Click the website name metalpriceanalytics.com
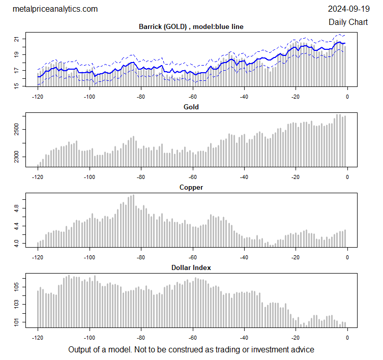click(54, 9)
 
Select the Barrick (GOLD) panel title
click(191, 26)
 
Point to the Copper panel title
click(191, 187)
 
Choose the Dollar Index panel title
click(191, 267)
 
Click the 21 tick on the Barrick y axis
click(17, 39)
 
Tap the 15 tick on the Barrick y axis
click(17, 85)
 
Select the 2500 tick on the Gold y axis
click(17, 131)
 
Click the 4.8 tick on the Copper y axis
click(17, 208)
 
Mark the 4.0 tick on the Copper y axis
click(17, 244)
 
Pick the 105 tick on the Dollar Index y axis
click(17, 288)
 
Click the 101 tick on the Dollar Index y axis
click(17, 322)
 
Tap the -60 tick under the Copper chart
click(193, 257)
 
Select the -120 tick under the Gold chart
click(38, 177)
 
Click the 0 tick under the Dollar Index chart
click(347, 337)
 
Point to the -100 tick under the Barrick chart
click(90, 97)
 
